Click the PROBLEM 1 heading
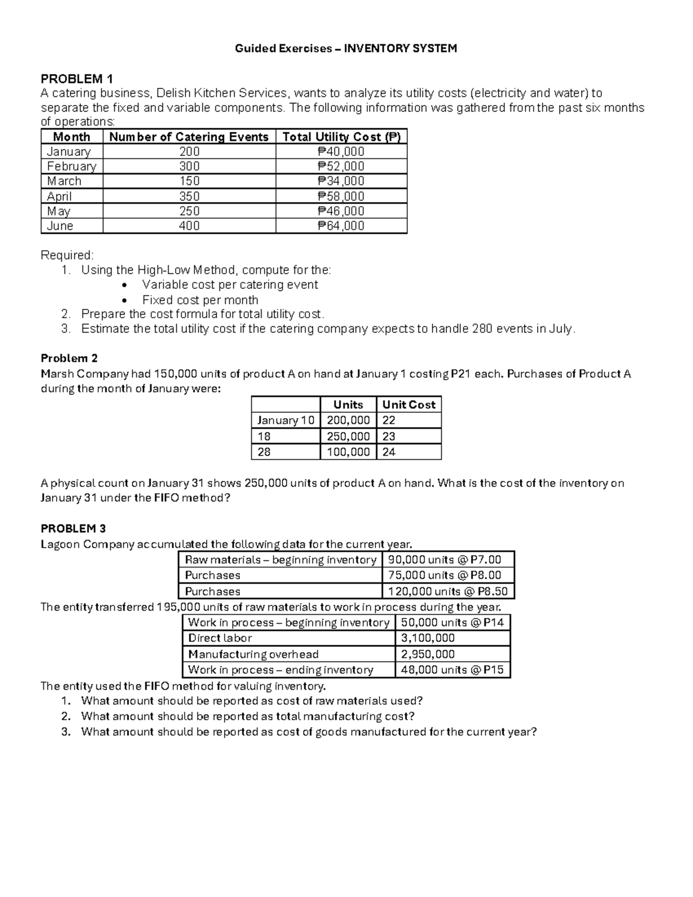77,79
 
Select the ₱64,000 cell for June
341,226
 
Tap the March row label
64,181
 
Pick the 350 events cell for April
189,196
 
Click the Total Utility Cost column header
341,137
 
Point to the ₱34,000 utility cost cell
341,181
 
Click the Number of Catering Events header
189,137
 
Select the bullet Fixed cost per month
200,300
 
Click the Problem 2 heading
69,358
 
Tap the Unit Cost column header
408,405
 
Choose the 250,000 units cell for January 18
348,437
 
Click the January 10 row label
286,420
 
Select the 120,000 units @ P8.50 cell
448,591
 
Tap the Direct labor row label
220,638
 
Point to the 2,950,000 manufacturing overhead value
428,654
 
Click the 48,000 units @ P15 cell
452,670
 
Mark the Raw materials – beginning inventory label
281,560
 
